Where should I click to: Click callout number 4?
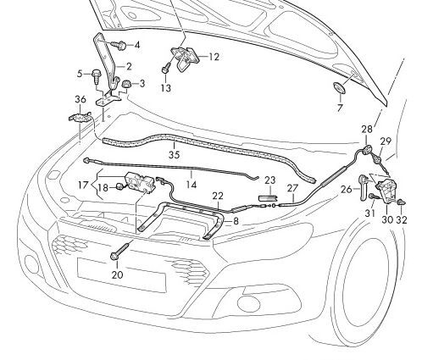click(x=137, y=44)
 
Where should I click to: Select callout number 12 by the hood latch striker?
click(x=214, y=57)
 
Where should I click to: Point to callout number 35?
click(x=174, y=155)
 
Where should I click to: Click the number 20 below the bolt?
click(x=117, y=275)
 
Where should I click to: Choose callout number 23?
click(x=270, y=180)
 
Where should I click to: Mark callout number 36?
click(x=81, y=99)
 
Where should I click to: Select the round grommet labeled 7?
click(x=338, y=89)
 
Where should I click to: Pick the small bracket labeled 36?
click(x=79, y=118)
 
